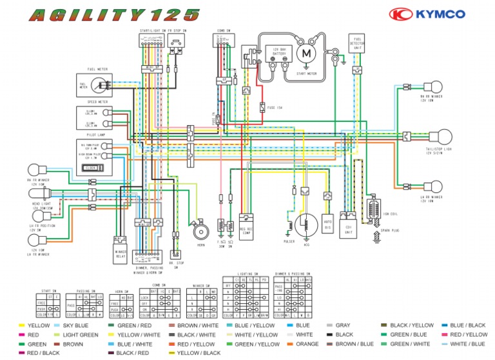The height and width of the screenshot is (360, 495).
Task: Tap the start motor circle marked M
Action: [x=307, y=53]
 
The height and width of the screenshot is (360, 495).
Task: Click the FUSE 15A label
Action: [x=275, y=108]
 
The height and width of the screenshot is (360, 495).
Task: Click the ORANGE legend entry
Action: [x=307, y=344]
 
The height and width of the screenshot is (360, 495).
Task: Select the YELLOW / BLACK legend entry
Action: [x=199, y=353]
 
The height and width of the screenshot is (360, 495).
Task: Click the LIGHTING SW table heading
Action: [x=247, y=274]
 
